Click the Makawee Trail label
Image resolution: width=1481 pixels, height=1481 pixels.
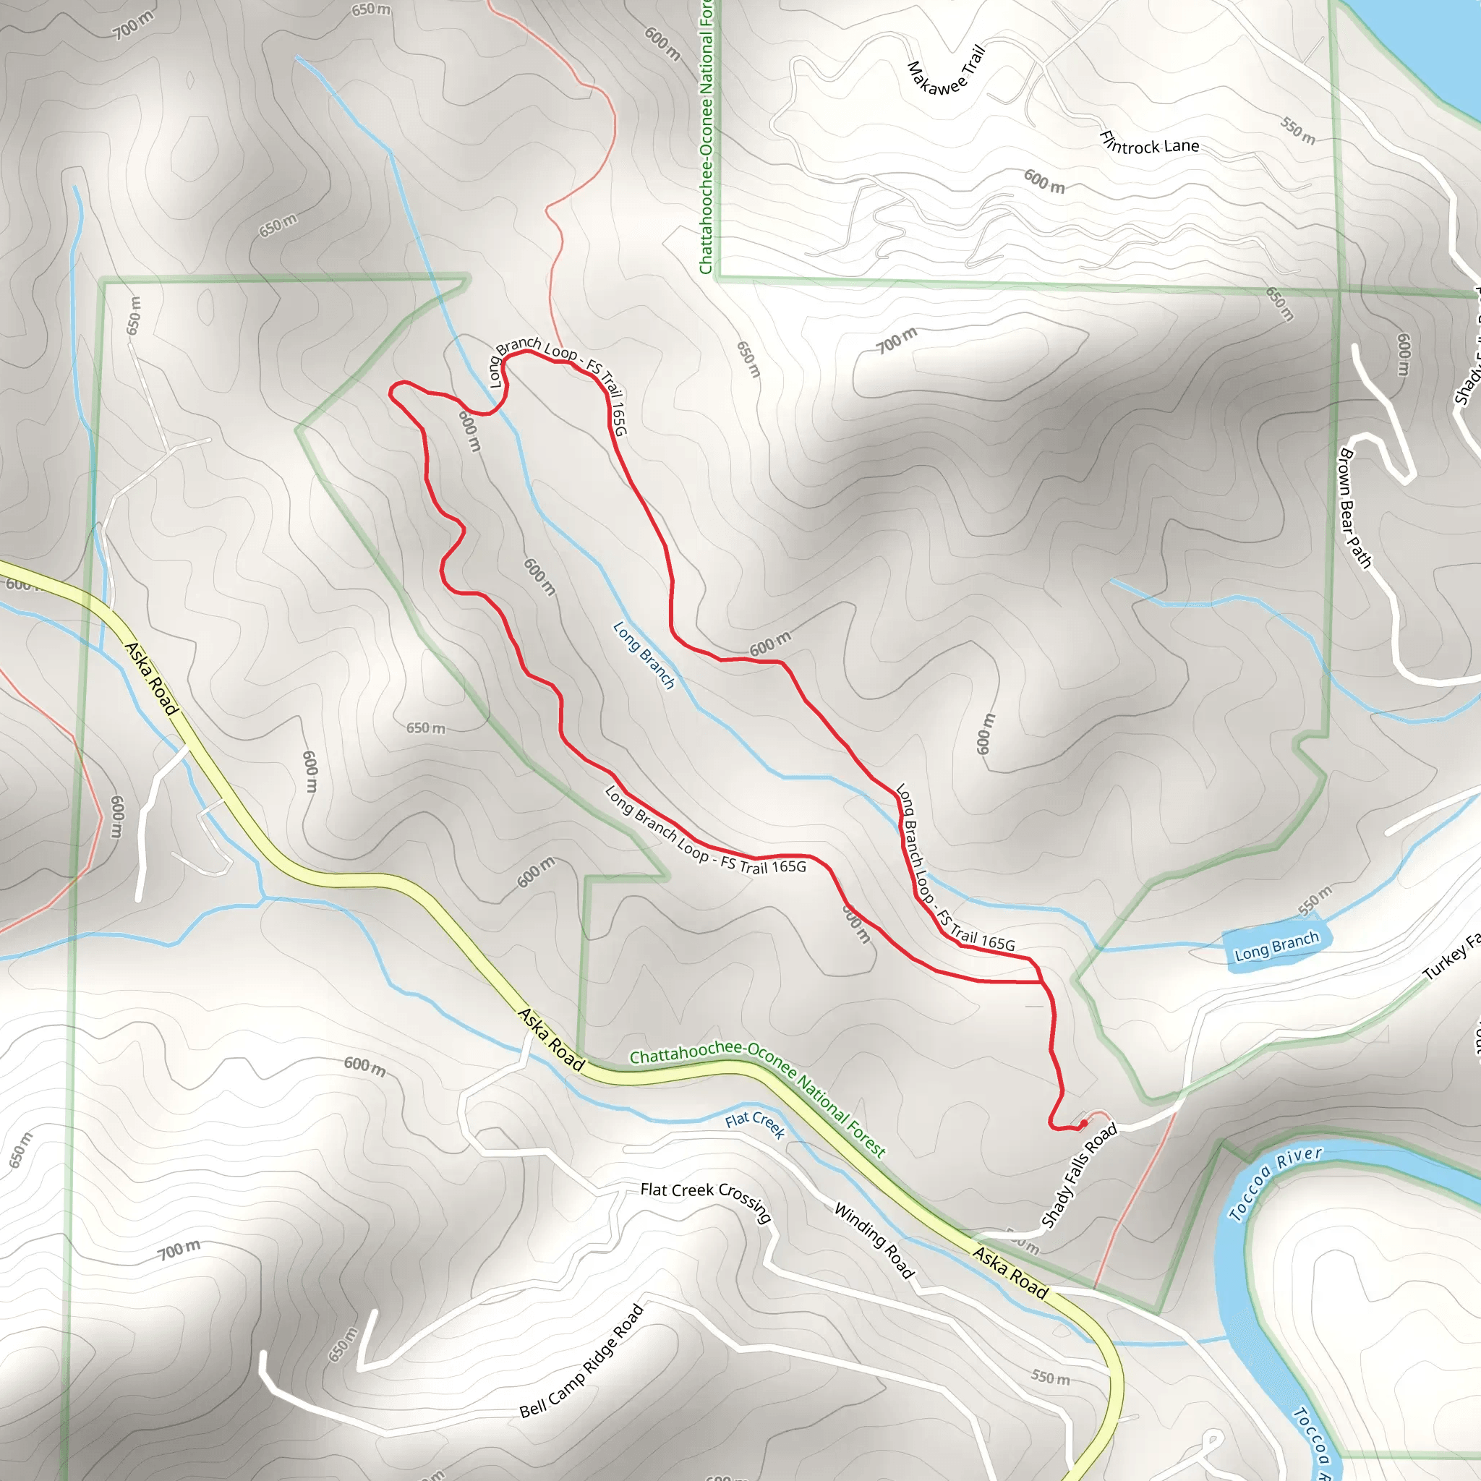coord(945,72)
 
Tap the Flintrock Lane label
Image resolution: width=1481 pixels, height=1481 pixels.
coord(1148,142)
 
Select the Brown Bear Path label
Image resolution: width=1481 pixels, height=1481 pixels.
coord(1354,508)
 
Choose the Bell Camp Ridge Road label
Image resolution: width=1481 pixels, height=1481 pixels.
coord(582,1361)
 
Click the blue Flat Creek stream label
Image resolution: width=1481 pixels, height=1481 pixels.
coord(755,1124)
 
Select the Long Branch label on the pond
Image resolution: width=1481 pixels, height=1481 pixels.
coord(1276,947)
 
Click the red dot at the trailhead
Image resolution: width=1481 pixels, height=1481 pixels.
coord(1083,1124)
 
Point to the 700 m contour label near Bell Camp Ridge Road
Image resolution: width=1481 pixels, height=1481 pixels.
coord(179,1250)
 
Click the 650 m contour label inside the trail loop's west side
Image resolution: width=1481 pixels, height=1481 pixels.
coord(425,727)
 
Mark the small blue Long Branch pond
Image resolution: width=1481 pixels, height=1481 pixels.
coord(1276,950)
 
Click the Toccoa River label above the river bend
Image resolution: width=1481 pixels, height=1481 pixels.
coord(1275,1185)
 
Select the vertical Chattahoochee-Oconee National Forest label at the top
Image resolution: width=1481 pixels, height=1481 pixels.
coord(706,138)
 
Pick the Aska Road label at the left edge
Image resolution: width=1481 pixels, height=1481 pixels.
coord(151,679)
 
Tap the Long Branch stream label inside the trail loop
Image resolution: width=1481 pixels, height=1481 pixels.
coord(644,654)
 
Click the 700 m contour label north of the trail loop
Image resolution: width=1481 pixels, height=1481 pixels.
coord(897,341)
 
